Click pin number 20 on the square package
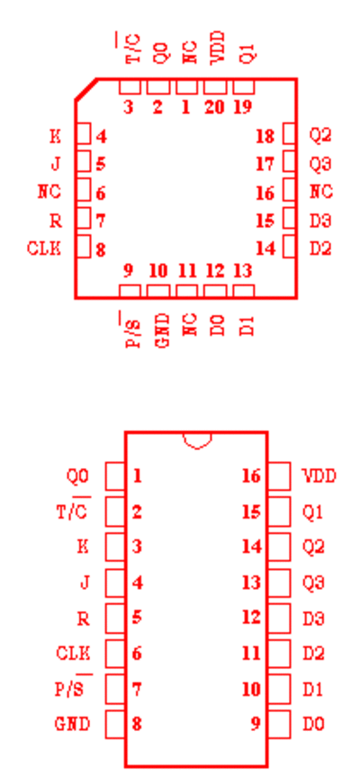pos(214,106)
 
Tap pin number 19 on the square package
pos(243,106)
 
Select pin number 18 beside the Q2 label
pos(265,136)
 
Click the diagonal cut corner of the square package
pos(85,89)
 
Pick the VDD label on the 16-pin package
pos(319,476)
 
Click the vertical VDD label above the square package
pos(218,47)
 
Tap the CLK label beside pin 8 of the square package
pos(44,248)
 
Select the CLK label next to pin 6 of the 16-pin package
pos(73,653)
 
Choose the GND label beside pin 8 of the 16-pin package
pos(72,724)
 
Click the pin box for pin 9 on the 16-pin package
pos(280,724)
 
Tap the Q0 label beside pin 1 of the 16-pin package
pos(77,476)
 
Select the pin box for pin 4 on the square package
pos(85,134)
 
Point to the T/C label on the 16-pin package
pos(73,510)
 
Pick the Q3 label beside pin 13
pos(313,583)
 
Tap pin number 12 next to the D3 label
pos(252,618)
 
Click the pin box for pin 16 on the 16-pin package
pos(280,476)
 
